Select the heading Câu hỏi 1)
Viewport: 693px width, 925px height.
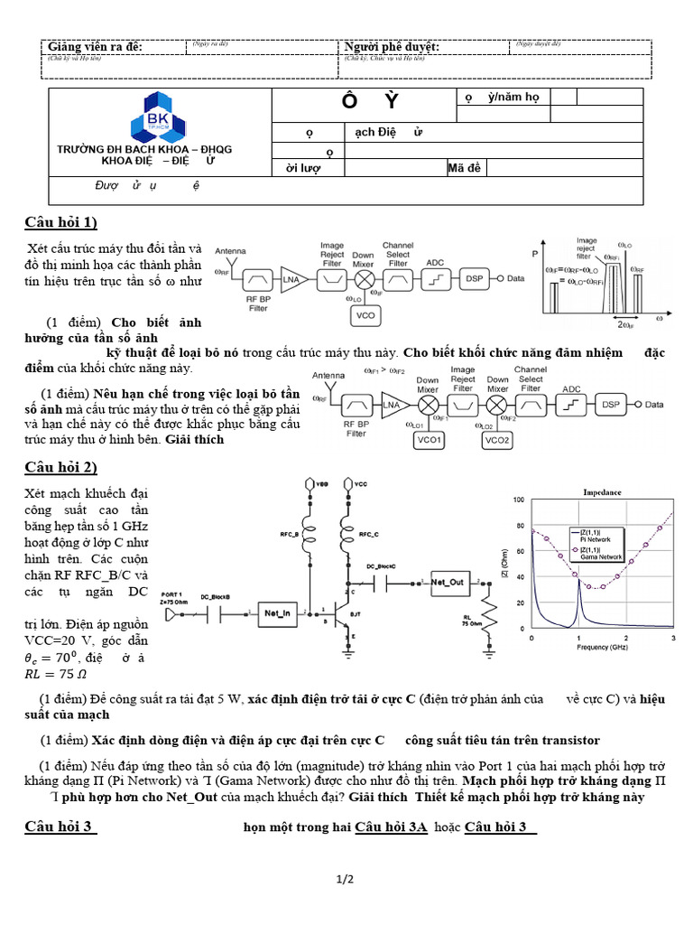[60, 223]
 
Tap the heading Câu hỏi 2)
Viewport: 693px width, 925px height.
[60, 467]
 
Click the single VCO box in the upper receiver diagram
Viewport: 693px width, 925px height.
[364, 315]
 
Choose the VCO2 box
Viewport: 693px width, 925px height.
[497, 440]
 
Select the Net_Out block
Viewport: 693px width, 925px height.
[448, 583]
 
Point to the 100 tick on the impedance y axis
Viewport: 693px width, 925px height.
[517, 500]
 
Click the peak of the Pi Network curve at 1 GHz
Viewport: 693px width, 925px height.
[577, 579]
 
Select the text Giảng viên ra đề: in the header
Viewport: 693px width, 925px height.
[95, 47]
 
